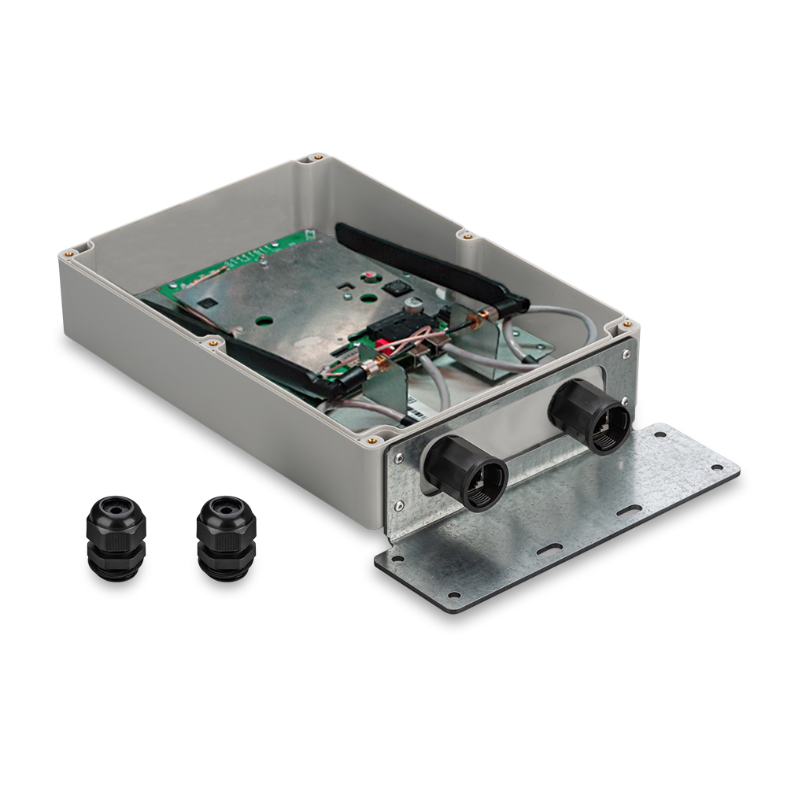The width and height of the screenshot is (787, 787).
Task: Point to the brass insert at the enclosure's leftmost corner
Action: pyautogui.click(x=68, y=253)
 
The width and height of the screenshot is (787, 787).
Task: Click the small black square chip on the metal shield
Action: pyautogui.click(x=208, y=301)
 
